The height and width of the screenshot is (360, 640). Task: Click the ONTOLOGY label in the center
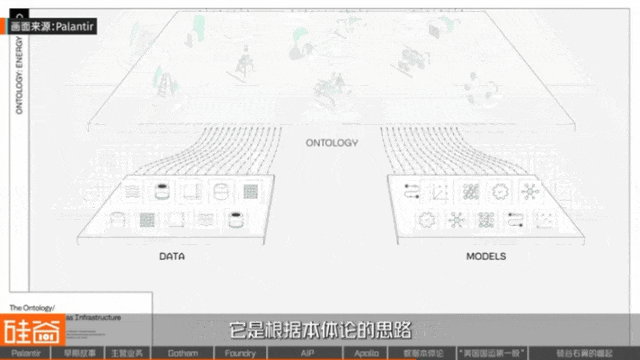point(331,143)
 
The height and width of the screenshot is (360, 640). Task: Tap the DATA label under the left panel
point(172,256)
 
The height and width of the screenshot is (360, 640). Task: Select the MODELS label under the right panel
point(485,256)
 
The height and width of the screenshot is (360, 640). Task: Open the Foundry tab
point(240,353)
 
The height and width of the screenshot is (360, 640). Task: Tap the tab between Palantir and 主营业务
point(78,353)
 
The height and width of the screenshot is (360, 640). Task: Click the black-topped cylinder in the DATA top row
point(162,190)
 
